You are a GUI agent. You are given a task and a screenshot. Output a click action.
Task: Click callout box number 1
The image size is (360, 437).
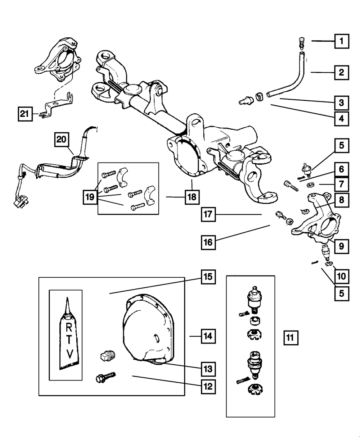341,41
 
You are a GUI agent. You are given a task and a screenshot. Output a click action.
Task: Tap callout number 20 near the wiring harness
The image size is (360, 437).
62,140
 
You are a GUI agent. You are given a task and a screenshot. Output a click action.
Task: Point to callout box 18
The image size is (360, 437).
193,197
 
